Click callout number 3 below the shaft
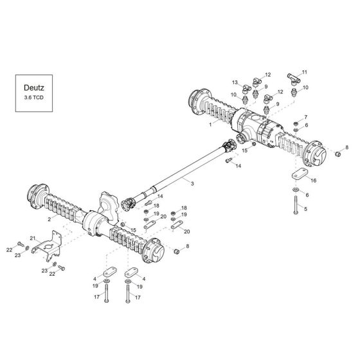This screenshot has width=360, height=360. (192, 184)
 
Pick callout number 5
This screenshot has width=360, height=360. (306, 209)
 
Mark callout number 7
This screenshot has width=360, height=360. (306, 117)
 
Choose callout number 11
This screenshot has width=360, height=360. (305, 72)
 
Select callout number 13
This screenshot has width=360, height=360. (236, 82)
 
